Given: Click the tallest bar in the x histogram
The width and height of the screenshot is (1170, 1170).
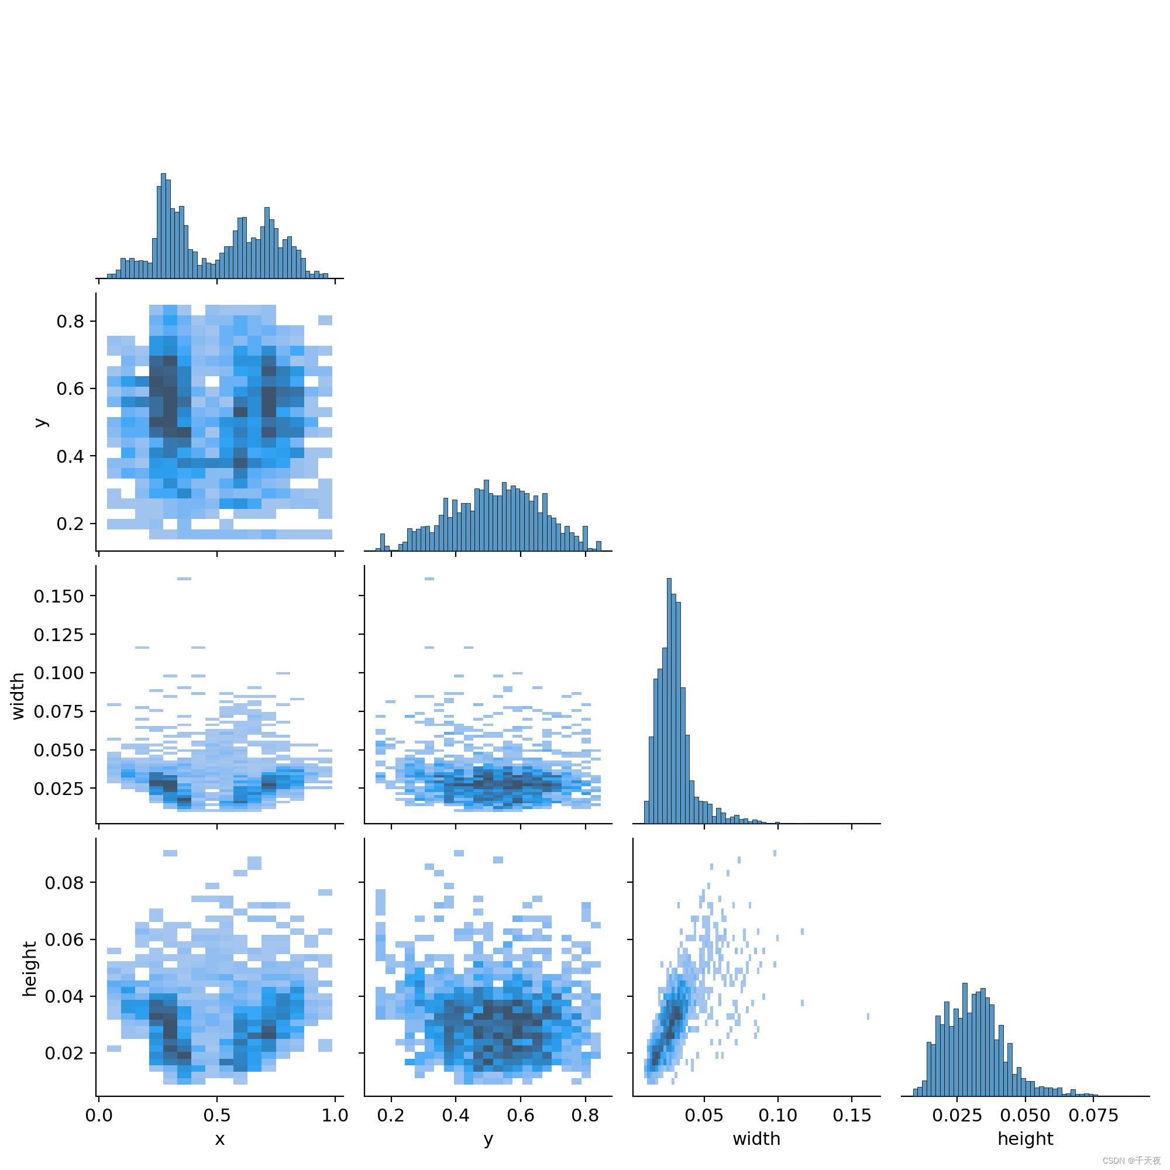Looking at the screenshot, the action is [x=163, y=226].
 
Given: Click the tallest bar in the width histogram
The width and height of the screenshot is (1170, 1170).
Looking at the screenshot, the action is [x=669, y=701].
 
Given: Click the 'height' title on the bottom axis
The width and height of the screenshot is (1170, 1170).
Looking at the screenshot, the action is [x=1026, y=1139].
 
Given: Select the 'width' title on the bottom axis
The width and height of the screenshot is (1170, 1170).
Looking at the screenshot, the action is [x=756, y=1139].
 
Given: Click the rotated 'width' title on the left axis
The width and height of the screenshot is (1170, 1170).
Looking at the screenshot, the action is [x=18, y=696].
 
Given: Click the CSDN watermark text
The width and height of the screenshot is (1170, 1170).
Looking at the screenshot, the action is [x=1131, y=1161].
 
